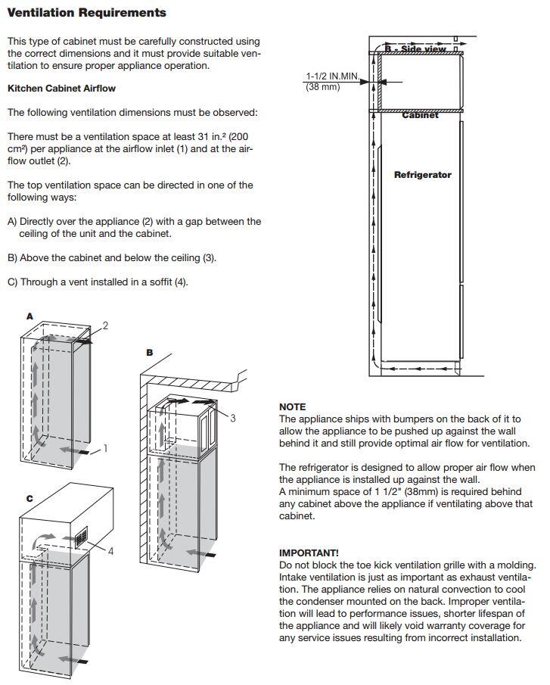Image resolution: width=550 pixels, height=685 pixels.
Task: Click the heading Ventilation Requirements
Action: tap(86, 13)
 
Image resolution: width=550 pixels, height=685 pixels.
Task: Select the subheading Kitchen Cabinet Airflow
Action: tap(61, 89)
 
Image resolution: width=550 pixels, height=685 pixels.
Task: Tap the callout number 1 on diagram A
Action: tap(105, 449)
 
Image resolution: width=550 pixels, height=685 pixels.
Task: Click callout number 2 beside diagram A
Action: tap(105, 325)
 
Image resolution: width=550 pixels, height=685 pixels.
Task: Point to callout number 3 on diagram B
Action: tap(232, 417)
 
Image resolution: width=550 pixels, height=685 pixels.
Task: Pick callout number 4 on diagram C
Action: tap(110, 551)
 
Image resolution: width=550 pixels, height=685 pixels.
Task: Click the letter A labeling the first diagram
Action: tap(30, 316)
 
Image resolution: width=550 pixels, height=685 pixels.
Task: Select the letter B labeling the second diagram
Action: tap(150, 353)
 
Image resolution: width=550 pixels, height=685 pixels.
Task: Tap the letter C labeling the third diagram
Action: tap(30, 498)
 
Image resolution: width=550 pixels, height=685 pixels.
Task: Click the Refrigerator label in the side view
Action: tap(422, 175)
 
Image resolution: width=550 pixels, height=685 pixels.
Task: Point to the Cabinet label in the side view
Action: tap(420, 116)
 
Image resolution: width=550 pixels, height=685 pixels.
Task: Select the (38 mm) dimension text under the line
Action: tap(323, 87)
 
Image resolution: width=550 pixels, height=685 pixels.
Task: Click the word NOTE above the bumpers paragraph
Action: tap(292, 407)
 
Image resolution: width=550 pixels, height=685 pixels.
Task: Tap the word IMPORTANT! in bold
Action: tap(309, 553)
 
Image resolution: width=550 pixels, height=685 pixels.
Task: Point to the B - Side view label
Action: tap(416, 49)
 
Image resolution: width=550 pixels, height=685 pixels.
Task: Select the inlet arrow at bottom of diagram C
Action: tap(70, 659)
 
